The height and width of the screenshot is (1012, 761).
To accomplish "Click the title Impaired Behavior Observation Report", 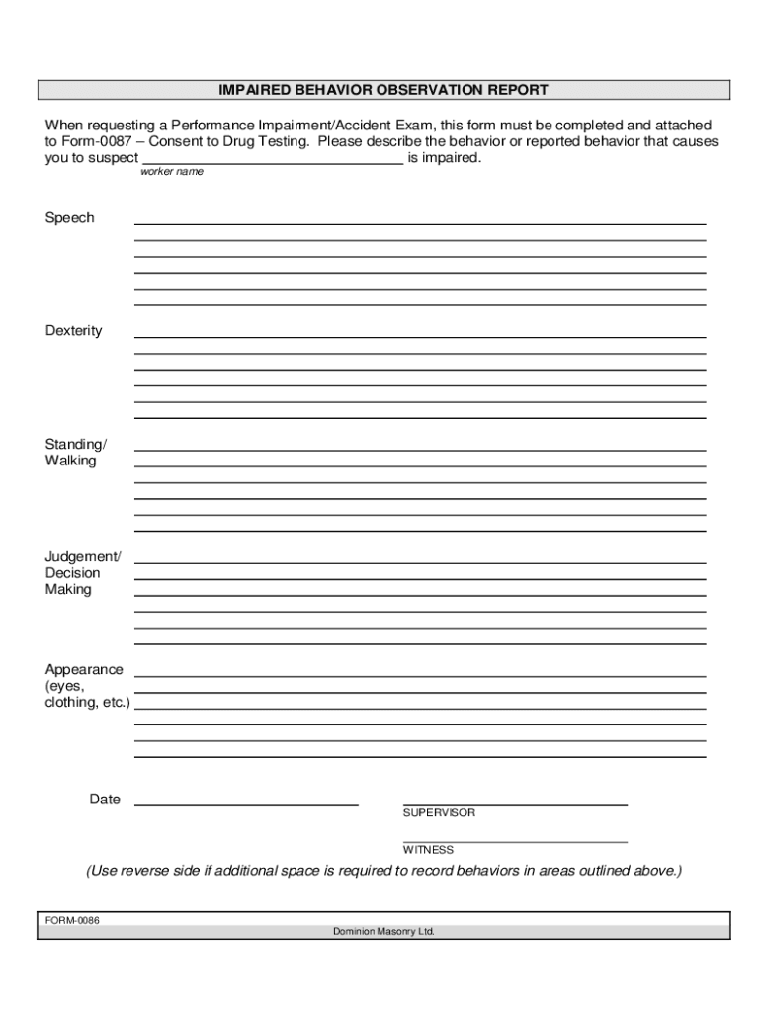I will [x=383, y=90].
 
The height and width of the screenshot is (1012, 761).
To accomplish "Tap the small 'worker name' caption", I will [x=172, y=172].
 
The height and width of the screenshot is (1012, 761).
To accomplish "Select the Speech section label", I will [x=69, y=217].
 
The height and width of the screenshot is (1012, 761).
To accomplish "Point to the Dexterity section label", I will [x=73, y=330].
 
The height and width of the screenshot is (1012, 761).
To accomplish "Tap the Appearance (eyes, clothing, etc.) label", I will [x=87, y=686].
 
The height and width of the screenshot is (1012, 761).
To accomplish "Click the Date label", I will [x=105, y=800].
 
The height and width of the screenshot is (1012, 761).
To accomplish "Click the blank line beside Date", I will [x=246, y=804].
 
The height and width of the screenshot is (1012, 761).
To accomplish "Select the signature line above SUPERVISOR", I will [x=515, y=804].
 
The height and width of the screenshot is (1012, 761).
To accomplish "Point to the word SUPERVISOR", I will [x=439, y=813].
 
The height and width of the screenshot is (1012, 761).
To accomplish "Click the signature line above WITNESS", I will [x=515, y=841].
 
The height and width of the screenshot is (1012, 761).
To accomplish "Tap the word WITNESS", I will [x=428, y=850].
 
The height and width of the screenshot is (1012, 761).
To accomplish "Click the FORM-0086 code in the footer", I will [x=72, y=921].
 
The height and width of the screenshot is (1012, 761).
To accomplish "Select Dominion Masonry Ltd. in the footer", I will [x=383, y=931].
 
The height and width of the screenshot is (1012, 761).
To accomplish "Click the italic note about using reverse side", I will [x=383, y=871].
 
